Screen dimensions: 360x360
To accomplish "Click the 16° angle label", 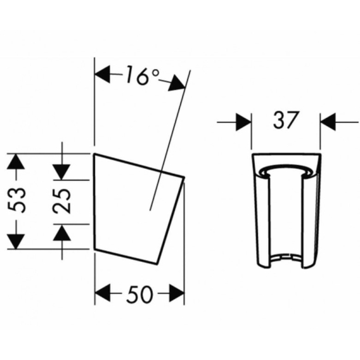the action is tap(142, 75).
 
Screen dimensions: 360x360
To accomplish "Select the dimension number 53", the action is tap(16, 200).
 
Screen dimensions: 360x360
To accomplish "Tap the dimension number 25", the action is tap(61, 201).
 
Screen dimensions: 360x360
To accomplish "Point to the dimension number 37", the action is tap(286, 120).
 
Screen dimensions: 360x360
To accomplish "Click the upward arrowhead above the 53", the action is tap(16, 161).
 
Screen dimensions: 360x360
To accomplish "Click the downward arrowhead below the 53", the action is tap(16, 241).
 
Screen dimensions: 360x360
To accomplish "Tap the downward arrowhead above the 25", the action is tap(61, 172).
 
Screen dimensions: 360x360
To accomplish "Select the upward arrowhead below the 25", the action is tap(61, 233).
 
